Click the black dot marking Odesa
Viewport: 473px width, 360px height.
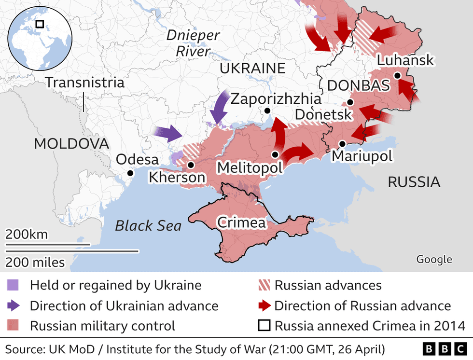pos(129,173)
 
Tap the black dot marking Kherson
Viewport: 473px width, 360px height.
pos(191,165)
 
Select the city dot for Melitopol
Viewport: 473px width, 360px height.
pos(275,154)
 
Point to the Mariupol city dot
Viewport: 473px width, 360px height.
pos(342,143)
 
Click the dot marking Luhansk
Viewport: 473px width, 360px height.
pos(397,76)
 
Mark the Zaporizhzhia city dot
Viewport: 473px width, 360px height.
pos(266,111)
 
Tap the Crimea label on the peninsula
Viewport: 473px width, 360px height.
pos(241,222)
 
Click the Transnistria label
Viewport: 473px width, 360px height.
pos(85,83)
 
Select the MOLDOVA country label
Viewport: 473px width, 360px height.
pos(71,143)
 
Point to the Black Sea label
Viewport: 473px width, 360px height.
pos(148,226)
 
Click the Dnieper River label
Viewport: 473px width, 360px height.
pos(193,43)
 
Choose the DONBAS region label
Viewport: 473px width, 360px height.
pos(358,86)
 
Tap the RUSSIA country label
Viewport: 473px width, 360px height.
pos(414,182)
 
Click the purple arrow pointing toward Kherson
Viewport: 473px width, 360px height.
pos(167,133)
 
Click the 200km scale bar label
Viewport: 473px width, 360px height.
pos(27,235)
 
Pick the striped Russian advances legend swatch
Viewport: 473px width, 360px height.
pos(264,285)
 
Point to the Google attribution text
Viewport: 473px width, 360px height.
pos(434,259)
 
